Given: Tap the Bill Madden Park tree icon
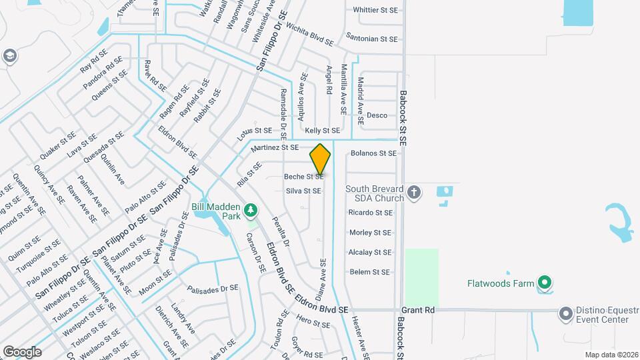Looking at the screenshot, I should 251,211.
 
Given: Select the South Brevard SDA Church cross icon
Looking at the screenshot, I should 414,193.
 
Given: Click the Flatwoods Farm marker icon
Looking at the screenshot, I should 545,284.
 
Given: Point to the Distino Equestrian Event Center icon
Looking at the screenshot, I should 566,313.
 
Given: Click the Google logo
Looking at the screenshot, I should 22,351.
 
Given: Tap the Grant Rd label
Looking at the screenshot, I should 418,310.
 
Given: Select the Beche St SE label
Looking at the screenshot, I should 304,177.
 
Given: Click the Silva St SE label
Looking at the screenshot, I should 303,191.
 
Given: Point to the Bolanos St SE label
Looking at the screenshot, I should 373,153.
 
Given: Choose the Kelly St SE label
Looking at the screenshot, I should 323,131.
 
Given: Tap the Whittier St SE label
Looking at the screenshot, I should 375,10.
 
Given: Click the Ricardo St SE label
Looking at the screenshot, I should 370,213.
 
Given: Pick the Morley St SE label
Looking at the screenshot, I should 370,233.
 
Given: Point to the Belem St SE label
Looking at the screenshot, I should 369,272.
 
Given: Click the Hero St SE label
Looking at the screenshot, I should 313,325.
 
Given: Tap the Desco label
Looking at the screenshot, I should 377,115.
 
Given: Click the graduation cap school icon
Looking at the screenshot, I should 9,56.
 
